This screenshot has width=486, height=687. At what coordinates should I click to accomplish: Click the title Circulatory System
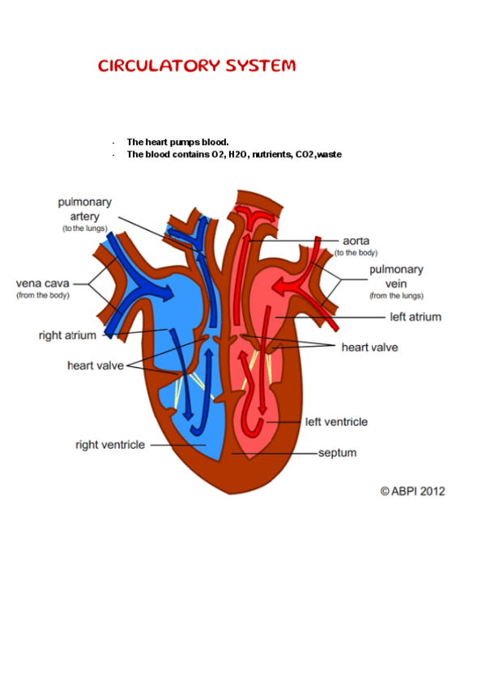[x=197, y=66]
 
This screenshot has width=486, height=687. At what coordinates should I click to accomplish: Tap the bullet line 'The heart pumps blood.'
[x=177, y=142]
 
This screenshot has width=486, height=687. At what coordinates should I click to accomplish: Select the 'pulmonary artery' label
[x=85, y=209]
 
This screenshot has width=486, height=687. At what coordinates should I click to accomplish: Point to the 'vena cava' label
[x=43, y=284]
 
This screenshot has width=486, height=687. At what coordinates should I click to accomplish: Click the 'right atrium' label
[x=67, y=335]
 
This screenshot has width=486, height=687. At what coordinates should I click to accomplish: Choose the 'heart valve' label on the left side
[x=95, y=365]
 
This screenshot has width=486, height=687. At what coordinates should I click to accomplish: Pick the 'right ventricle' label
[x=110, y=445]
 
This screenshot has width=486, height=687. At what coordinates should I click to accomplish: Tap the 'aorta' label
[x=356, y=241]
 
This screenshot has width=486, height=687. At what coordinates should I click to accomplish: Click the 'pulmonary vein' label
[x=396, y=275]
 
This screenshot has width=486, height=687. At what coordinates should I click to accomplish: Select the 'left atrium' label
[x=416, y=317]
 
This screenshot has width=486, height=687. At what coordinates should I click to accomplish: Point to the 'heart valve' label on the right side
[x=369, y=348]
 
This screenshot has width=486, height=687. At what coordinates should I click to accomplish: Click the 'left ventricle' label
[x=336, y=422]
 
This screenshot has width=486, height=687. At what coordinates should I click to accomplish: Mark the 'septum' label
[x=337, y=453]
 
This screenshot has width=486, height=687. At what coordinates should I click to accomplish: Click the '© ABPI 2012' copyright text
[x=412, y=491]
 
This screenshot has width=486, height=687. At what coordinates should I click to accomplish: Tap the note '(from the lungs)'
[x=396, y=296]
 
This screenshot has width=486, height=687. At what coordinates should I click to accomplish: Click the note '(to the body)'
[x=356, y=253]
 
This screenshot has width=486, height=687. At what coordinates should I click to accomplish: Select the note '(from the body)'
[x=43, y=296]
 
